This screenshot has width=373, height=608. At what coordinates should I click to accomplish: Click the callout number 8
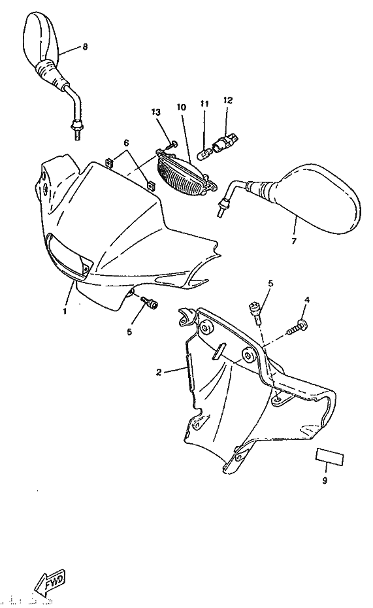point(85,47)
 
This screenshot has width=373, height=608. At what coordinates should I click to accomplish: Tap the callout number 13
point(155,112)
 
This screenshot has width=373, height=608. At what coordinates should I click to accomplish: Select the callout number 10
point(181,107)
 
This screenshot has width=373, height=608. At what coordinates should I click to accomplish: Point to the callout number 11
point(204,103)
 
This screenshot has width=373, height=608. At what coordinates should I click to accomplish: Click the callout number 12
point(228,101)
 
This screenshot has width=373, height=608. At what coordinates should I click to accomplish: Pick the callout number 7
point(293,241)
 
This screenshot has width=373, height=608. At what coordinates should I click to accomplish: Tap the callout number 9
point(325,481)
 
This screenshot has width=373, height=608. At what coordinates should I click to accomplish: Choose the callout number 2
point(159,373)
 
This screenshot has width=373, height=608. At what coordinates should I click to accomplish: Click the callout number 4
point(307,299)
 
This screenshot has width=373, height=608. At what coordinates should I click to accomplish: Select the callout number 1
point(65,311)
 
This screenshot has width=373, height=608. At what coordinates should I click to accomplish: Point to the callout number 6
point(126,143)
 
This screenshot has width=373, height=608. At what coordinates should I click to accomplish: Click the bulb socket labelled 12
point(227,141)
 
